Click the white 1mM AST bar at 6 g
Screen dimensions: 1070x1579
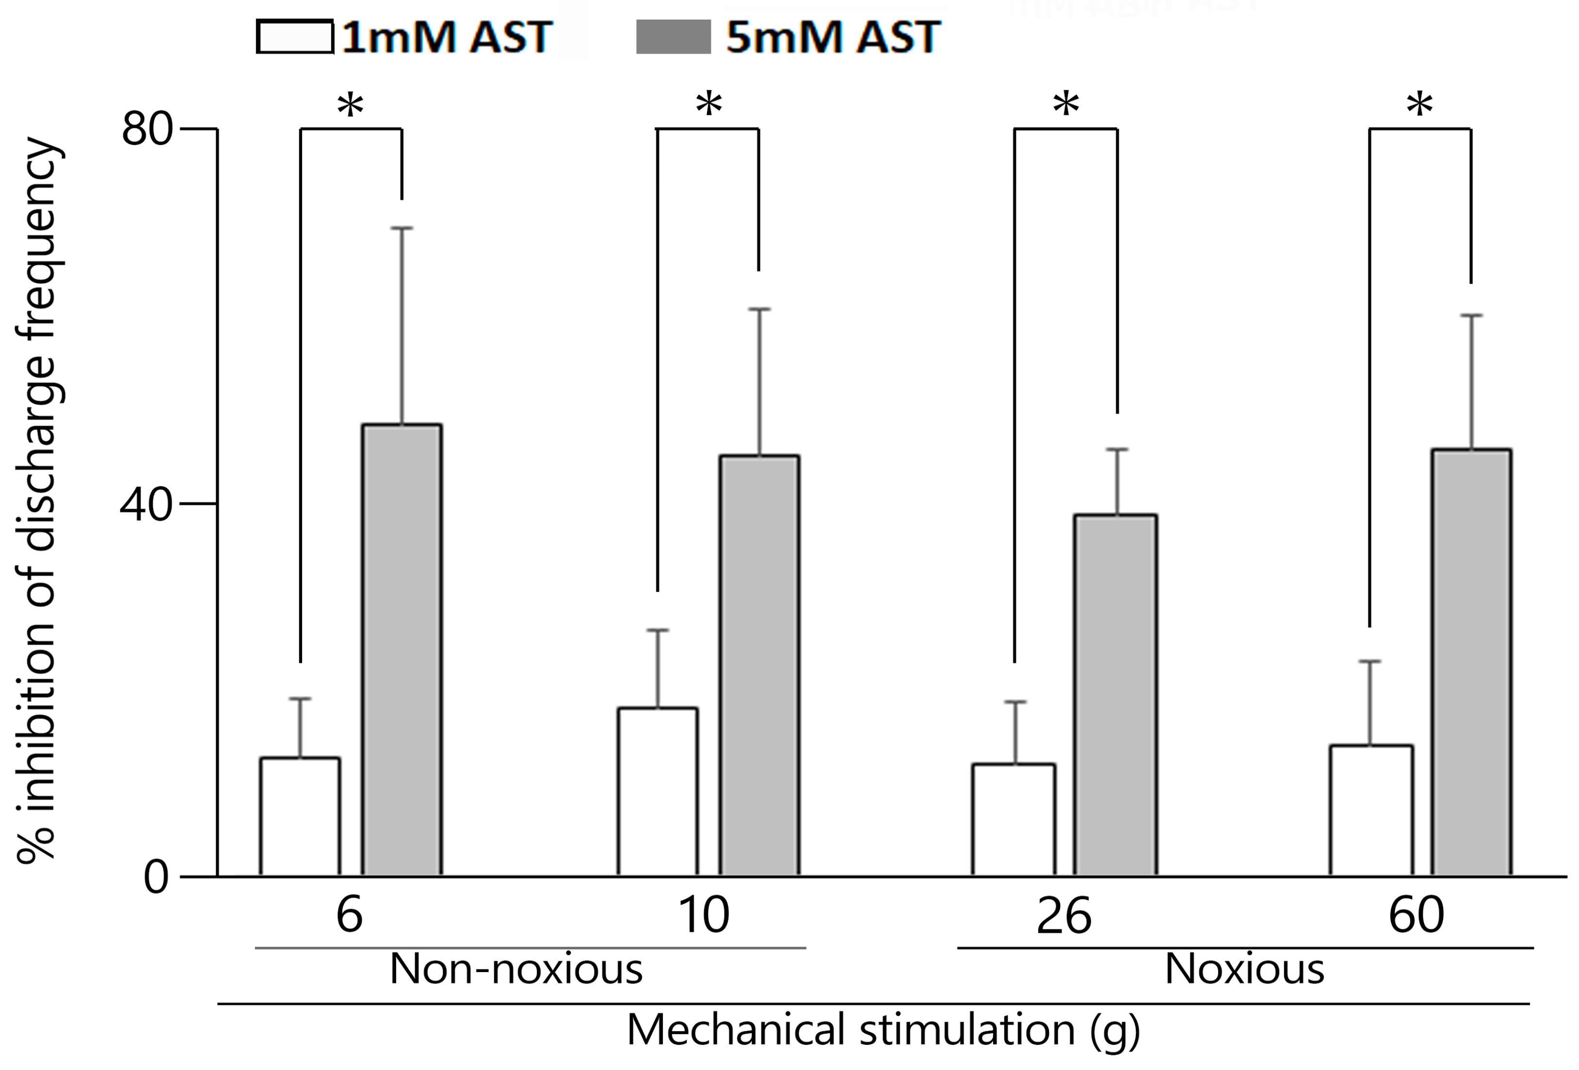[x=300, y=816]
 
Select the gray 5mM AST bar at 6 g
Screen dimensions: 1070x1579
[x=402, y=650]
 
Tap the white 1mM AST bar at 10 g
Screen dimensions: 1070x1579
[x=658, y=791]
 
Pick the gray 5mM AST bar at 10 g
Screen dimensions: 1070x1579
[x=759, y=666]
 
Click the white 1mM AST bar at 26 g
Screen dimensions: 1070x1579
[x=1014, y=820]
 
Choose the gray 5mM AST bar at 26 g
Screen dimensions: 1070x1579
[x=1115, y=695]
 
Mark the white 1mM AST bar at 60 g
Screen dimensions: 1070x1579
[x=1371, y=811]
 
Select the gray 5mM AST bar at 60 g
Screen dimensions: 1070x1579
[x=1472, y=662]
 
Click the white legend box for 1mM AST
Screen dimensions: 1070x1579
[x=295, y=37]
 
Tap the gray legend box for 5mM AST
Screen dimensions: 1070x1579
[x=673, y=37]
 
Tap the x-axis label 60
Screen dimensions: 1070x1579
[x=1416, y=916]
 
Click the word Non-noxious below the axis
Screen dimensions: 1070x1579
[x=516, y=970]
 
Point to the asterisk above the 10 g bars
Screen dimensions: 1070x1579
[x=709, y=105]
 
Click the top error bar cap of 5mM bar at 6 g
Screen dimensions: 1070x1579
[x=402, y=228]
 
